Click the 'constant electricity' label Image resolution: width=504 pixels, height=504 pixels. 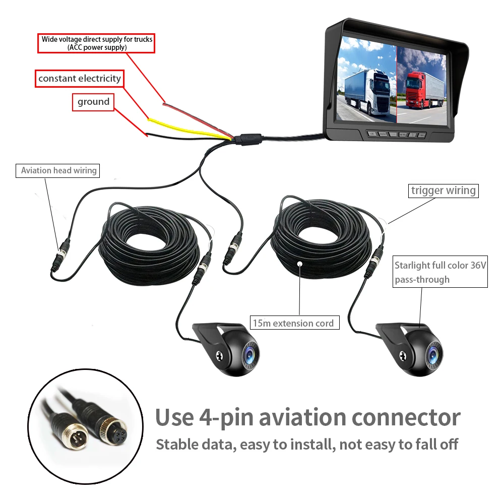pyautogui.click(x=80, y=79)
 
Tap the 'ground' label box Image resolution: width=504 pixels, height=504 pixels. pyautogui.click(x=93, y=102)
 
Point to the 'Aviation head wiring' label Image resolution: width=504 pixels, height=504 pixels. pyautogui.click(x=58, y=170)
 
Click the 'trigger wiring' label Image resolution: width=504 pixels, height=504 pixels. pyautogui.click(x=443, y=191)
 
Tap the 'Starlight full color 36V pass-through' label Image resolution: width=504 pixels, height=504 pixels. pyautogui.click(x=440, y=272)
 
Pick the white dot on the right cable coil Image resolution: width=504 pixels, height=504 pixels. pyautogui.click(x=299, y=263)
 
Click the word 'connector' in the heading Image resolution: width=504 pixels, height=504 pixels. pyautogui.click(x=406, y=417)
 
